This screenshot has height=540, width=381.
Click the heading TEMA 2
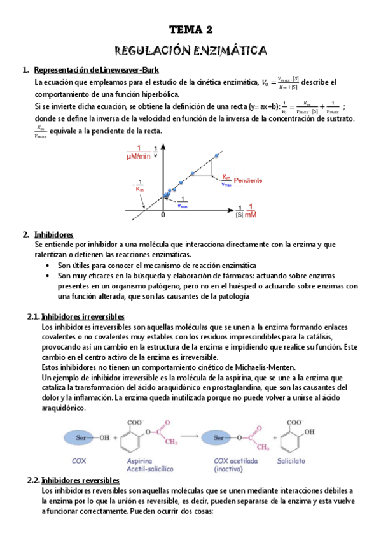pyautogui.click(x=190, y=29)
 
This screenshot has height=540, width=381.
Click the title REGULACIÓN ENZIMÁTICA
pyautogui.click(x=190, y=50)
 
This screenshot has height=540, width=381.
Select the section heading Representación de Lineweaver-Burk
pyautogui.click(x=96, y=69)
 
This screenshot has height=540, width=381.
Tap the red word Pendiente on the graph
pyautogui.click(x=248, y=180)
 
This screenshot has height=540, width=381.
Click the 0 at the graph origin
pyautogui.click(x=163, y=216)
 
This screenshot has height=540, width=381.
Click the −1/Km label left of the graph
pyautogui.click(x=140, y=187)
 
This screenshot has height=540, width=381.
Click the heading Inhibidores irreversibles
pyautogui.click(x=82, y=316)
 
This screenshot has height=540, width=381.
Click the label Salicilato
pyautogui.click(x=294, y=460)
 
